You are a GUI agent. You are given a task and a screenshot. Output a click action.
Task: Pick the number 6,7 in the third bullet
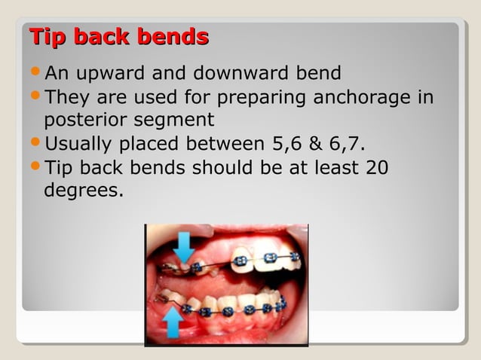click(348, 145)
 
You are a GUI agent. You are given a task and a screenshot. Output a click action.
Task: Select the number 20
click(376, 168)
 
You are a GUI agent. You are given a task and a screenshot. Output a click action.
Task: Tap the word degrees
click(83, 191)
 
